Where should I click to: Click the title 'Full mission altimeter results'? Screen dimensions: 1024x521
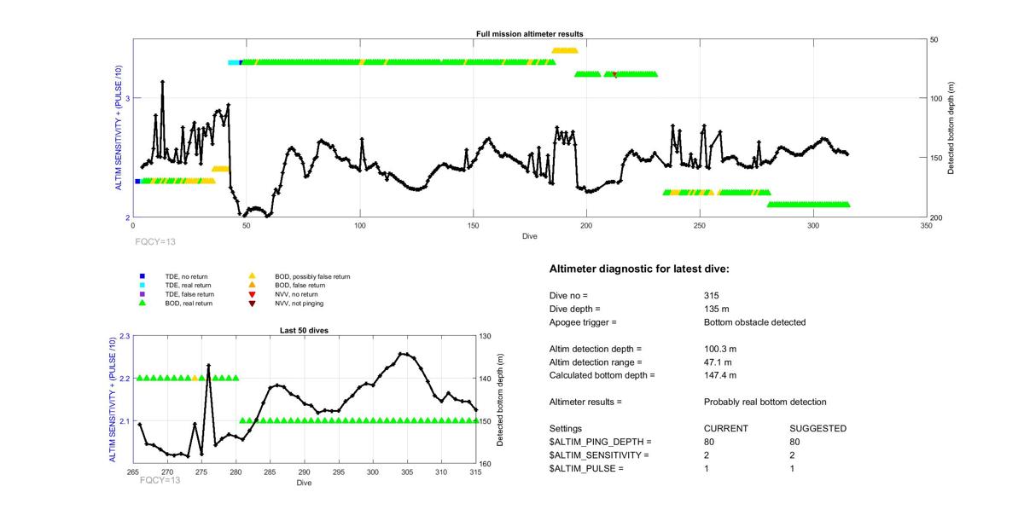(x=529, y=34)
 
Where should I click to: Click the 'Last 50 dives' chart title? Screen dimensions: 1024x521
(x=304, y=331)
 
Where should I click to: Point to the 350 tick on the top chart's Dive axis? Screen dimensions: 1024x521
(x=926, y=226)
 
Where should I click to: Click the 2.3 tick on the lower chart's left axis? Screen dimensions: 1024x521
(x=125, y=336)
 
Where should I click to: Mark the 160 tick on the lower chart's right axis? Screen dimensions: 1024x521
(x=486, y=464)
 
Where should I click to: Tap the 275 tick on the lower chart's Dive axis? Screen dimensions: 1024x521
(x=201, y=472)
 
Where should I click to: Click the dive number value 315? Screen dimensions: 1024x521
(x=712, y=295)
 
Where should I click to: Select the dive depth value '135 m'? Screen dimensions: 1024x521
(x=716, y=310)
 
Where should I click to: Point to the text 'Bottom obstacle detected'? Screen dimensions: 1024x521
(x=754, y=322)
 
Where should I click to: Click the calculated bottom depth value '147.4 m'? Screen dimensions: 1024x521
(x=720, y=375)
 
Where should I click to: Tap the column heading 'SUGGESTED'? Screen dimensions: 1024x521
(x=817, y=429)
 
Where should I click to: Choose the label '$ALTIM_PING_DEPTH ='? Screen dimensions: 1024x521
(x=600, y=442)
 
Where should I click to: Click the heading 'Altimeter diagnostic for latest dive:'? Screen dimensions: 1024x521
(x=639, y=269)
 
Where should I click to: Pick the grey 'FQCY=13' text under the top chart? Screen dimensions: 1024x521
(x=155, y=242)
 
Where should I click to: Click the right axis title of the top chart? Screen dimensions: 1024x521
(x=951, y=128)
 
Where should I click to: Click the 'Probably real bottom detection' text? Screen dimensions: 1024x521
(x=765, y=402)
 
